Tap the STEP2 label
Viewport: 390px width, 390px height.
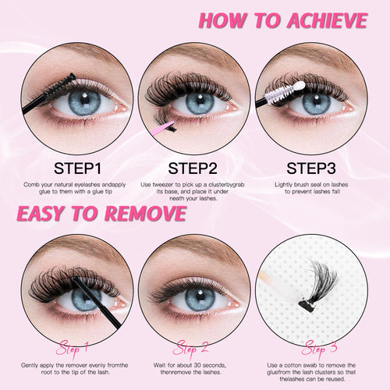(x=194, y=168)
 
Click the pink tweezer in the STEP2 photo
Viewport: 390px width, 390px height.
(x=161, y=127)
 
